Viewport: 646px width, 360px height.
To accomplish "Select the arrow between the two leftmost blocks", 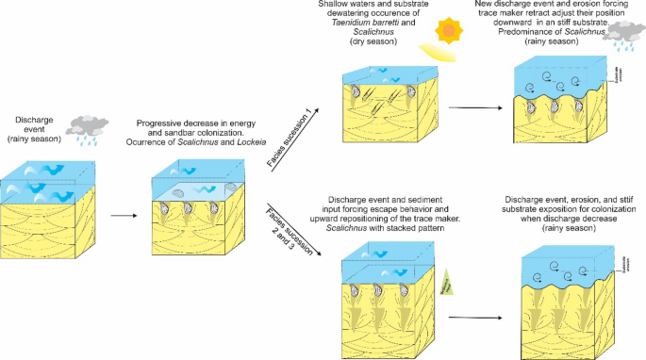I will [123, 215].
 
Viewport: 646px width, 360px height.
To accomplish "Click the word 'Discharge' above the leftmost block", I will [36, 120].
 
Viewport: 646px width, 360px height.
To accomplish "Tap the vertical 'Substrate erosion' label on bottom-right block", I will [624, 261].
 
